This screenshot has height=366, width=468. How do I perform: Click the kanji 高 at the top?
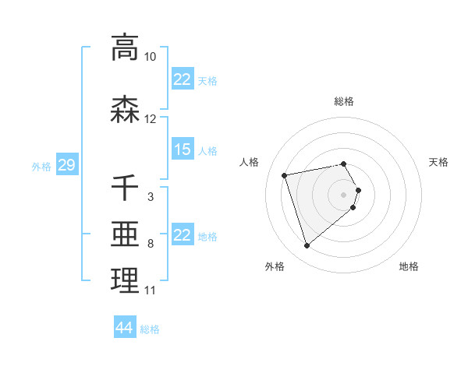[125, 48]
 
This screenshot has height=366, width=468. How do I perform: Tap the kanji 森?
[125, 110]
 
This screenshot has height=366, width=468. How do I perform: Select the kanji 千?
[125, 188]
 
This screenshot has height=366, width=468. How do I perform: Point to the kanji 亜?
[125, 234]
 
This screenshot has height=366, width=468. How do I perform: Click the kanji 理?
[125, 281]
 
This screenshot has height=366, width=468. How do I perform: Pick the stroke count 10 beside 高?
[151, 57]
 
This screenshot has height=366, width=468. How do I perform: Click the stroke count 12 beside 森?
[151, 119]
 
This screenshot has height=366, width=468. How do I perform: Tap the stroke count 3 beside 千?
[151, 197]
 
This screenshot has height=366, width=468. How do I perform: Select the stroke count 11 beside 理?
[151, 290]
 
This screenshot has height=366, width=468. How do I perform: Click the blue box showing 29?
[66, 165]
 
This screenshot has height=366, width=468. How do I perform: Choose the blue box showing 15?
[183, 150]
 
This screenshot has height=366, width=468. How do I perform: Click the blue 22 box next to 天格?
[183, 79]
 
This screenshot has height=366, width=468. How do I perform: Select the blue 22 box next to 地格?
[183, 235]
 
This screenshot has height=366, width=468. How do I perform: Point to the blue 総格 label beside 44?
[150, 329]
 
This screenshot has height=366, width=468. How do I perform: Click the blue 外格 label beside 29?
[41, 166]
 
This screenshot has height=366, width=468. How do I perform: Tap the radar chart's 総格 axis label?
[344, 101]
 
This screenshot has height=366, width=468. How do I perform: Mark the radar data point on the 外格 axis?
[307, 245]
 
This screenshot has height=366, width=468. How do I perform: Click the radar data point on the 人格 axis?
[285, 174]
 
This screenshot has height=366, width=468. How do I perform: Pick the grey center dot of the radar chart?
[344, 194]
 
